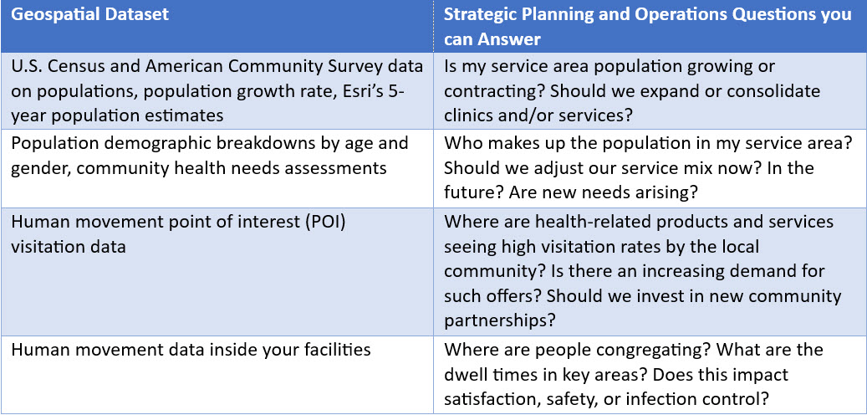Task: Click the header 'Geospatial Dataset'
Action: coord(90,15)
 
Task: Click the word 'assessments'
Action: coord(339,167)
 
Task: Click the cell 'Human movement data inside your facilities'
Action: coord(191,350)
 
